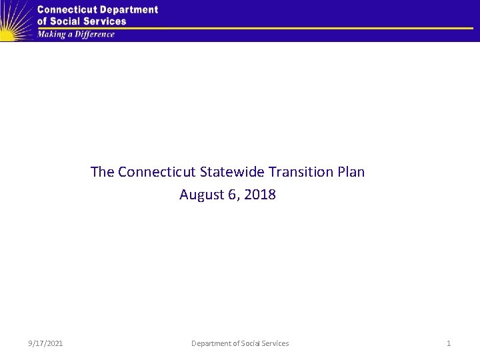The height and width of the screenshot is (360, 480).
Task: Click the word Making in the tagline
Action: pyautogui.click(x=51, y=35)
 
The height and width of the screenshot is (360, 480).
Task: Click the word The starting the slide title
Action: pyautogui.click(x=103, y=172)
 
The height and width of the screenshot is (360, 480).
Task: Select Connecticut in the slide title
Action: pyautogui.click(x=157, y=172)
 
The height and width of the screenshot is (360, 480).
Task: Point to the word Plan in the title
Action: pyautogui.click(x=351, y=172)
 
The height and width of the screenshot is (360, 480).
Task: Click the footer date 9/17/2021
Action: pyautogui.click(x=46, y=343)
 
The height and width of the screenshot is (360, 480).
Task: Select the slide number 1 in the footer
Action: pyautogui.click(x=449, y=343)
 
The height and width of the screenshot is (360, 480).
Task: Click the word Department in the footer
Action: pyautogui.click(x=211, y=343)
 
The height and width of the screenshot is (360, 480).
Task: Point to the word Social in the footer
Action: pyautogui.click(x=251, y=343)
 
